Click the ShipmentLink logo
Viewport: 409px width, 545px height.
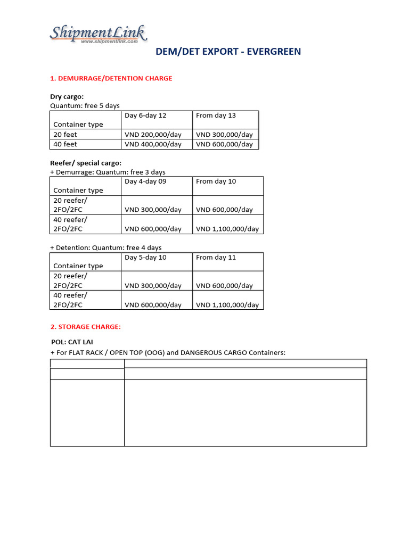pyautogui.click(x=98, y=35)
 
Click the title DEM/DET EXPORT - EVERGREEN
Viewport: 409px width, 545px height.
pyautogui.click(x=228, y=52)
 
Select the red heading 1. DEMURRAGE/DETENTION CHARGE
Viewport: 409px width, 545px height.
pyautogui.click(x=111, y=78)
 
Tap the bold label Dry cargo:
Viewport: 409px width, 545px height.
pyautogui.click(x=67, y=97)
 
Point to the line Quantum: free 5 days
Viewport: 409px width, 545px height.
pyautogui.click(x=85, y=106)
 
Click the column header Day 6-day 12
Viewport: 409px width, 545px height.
pyautogui.click(x=145, y=115)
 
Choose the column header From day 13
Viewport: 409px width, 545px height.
pyautogui.click(x=216, y=115)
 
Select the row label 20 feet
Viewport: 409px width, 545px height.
pyautogui.click(x=65, y=135)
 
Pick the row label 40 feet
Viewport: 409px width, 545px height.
pyautogui.click(x=65, y=144)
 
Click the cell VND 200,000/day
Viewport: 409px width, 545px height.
pyautogui.click(x=153, y=135)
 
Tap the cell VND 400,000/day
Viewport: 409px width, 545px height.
pyautogui.click(x=153, y=144)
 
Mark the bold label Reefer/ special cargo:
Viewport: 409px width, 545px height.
pyautogui.click(x=86, y=163)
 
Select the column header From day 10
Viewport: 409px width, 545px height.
pyautogui.click(x=216, y=181)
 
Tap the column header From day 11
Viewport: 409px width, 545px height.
pyautogui.click(x=216, y=258)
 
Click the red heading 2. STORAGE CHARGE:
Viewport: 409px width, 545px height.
pyautogui.click(x=85, y=327)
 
